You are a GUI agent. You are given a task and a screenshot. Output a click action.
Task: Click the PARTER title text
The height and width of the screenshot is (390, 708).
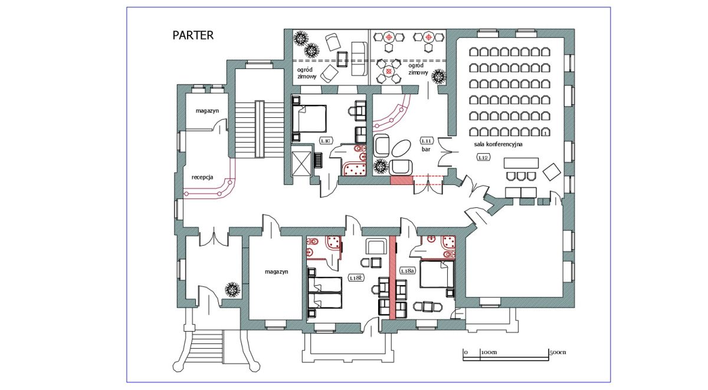click(x=193, y=35)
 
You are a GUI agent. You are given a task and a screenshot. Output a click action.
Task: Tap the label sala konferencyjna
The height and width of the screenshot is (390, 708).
click(x=499, y=144)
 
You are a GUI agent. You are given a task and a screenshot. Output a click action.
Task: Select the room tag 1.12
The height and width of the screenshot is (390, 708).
click(x=483, y=157)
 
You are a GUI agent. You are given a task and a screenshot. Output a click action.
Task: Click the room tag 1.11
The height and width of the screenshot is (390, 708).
click(x=426, y=140)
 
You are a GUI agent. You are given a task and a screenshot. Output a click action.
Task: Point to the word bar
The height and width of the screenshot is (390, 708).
click(x=426, y=150)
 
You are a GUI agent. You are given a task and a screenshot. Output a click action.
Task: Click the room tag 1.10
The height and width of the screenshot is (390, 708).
click(x=326, y=141)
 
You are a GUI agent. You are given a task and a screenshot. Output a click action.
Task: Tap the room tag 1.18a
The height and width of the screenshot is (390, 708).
click(x=407, y=271)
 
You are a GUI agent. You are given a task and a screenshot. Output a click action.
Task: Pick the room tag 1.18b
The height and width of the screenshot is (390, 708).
click(x=356, y=278)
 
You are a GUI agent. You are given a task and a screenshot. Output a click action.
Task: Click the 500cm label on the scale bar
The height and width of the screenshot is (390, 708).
click(x=558, y=352)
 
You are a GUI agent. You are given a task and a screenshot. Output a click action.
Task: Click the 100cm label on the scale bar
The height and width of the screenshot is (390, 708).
click(x=489, y=352)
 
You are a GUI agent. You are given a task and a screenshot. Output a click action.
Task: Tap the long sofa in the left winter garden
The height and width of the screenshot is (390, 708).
click(x=358, y=59)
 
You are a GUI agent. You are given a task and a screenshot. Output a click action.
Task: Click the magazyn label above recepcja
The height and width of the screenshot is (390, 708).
click(x=207, y=111)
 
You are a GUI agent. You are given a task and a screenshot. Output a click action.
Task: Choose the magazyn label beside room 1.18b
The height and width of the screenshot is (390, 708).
click(x=276, y=272)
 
